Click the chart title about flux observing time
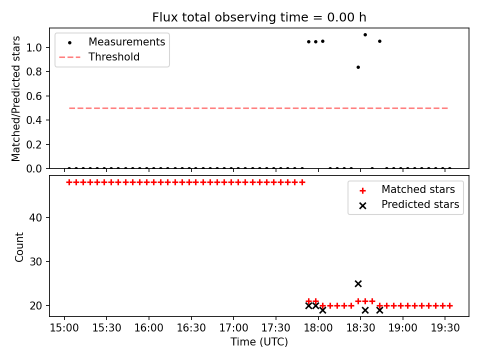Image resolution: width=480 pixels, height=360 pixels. tap(259, 17)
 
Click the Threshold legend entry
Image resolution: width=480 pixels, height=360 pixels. tap(99, 57)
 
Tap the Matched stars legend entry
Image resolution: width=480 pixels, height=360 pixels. tap(407, 189)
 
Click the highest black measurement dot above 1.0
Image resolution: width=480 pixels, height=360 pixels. tap(365, 35)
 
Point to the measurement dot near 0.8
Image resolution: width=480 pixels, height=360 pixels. tap(358, 67)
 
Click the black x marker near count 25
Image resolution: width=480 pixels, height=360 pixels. tap(358, 284)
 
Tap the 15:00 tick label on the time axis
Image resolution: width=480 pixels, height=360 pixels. tap(64, 328)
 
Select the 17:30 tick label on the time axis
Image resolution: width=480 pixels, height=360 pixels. tap(276, 328)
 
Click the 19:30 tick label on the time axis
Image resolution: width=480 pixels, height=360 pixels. tap(445, 328)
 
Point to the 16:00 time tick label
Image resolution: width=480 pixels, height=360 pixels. tap(149, 328)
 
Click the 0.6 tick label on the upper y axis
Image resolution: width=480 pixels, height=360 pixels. tap(34, 96)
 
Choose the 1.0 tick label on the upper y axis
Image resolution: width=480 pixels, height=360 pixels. tap(34, 48)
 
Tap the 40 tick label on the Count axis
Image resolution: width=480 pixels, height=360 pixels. tap(36, 218)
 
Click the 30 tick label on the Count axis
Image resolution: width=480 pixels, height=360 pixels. tap(36, 262)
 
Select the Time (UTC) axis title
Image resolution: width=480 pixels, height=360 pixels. tap(259, 342)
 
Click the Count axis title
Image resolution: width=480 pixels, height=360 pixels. tap(19, 247)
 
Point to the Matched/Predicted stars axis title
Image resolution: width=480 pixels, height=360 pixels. tap(15, 98)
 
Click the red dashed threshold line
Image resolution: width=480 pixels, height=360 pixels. tap(258, 108)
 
